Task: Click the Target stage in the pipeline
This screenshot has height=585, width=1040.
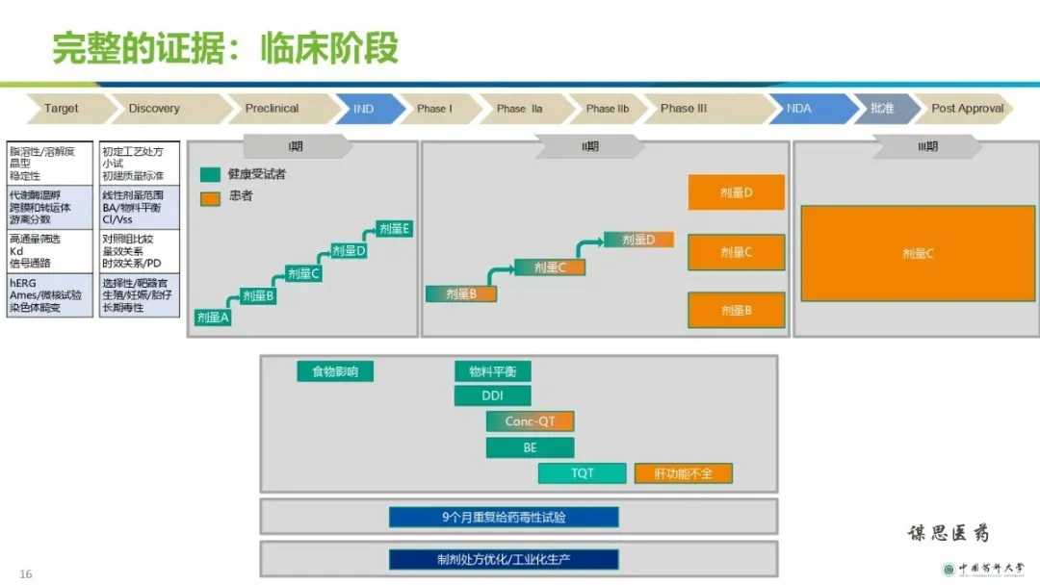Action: click(x=62, y=109)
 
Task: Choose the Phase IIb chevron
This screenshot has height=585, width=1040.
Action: click(x=607, y=109)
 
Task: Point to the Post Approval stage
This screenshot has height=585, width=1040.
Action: click(x=967, y=109)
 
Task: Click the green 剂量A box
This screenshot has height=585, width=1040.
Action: click(x=213, y=318)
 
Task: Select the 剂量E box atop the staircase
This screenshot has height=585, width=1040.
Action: click(x=394, y=229)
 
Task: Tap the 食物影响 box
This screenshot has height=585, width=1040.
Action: click(x=335, y=371)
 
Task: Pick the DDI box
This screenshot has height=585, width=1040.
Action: click(x=492, y=395)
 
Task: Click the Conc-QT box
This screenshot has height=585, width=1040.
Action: click(x=530, y=421)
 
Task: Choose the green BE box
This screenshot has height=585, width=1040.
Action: click(x=530, y=447)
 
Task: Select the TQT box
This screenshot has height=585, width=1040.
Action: click(x=582, y=473)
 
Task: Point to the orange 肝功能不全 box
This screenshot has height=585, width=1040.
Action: click(x=683, y=473)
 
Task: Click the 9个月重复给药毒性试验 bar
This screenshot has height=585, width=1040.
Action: click(x=504, y=517)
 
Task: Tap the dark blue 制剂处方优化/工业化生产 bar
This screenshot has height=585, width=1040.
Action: click(x=504, y=559)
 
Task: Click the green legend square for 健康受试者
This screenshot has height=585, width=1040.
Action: click(x=211, y=175)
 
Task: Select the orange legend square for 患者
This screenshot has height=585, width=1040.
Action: click(x=211, y=197)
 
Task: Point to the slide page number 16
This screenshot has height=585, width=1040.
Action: click(x=26, y=574)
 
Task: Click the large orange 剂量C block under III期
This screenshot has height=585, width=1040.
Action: click(x=915, y=254)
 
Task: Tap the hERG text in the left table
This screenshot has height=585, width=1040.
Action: click(x=21, y=284)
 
